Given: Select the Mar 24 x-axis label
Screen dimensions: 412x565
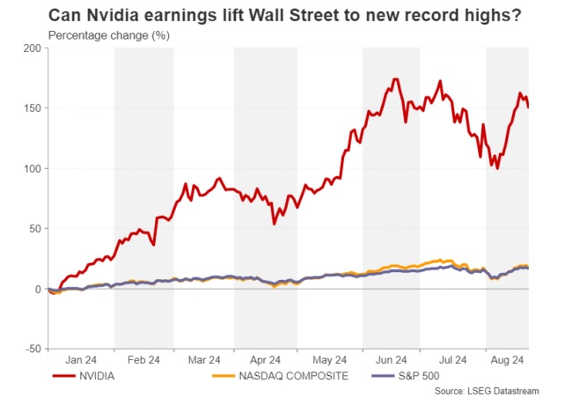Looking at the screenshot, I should (x=203, y=360).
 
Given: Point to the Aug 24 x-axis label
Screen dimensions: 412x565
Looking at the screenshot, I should (x=508, y=360).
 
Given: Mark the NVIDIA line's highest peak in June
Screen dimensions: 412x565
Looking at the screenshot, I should (x=397, y=79).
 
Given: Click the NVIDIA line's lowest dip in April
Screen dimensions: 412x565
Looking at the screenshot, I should (x=275, y=224).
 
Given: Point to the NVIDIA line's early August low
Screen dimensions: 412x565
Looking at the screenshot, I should (x=497, y=167).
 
